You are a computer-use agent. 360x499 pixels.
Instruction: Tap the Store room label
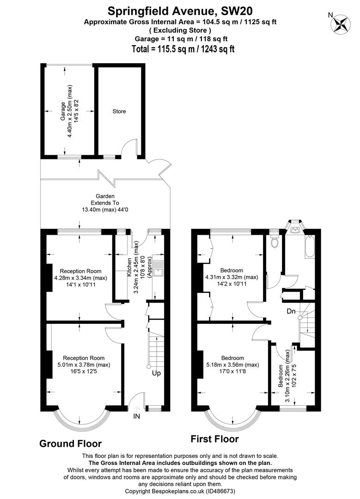[x=119, y=111]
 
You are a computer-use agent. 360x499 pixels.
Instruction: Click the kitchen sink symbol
[x=158, y=268]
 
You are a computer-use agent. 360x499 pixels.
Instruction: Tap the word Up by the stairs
[x=156, y=373]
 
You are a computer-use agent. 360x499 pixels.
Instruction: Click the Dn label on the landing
[x=291, y=311]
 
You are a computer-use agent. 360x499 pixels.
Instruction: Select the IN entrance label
[x=136, y=416]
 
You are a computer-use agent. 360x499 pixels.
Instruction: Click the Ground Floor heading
[x=70, y=444]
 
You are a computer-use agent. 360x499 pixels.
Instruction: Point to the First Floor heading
[x=214, y=439]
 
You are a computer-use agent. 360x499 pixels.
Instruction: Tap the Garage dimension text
[x=69, y=111]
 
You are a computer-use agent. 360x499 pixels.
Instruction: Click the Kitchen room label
[x=129, y=267]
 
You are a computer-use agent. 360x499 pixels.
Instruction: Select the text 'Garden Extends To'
[x=105, y=200]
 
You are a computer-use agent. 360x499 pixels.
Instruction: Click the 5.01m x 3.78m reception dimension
[x=84, y=365]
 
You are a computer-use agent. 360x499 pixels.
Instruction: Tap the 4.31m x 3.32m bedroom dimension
[x=232, y=277]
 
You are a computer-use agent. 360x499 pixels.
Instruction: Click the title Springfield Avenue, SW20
[x=180, y=11]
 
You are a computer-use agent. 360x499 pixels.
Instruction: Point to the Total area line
[x=183, y=49]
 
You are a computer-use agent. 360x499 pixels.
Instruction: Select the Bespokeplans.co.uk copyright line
[x=180, y=491]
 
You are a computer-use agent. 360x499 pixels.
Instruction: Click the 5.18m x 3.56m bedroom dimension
[x=232, y=365]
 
